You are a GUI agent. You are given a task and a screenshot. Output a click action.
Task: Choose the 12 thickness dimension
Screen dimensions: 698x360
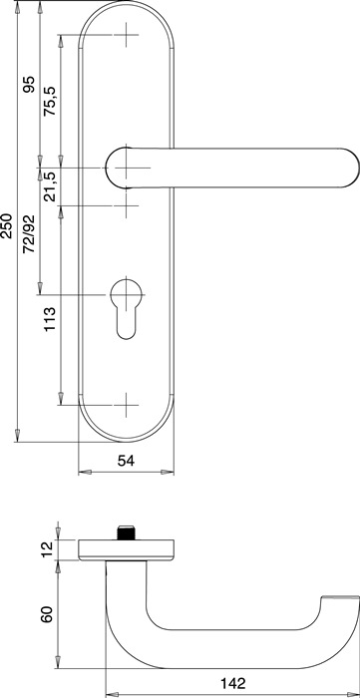tap(47, 548)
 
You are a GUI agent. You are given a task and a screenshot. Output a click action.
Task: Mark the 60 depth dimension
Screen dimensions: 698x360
tap(47, 614)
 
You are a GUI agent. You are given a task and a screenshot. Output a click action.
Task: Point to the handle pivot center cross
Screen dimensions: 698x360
tap(128, 167)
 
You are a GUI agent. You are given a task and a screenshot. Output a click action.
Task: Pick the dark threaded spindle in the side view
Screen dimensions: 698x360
tap(127, 531)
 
